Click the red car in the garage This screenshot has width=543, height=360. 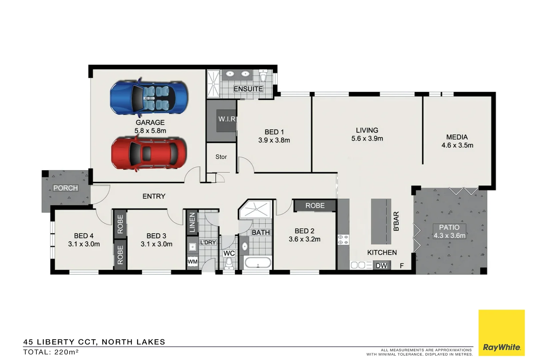(x=149, y=153)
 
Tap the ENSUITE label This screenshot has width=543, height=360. (x=248, y=89)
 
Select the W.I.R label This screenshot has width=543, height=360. (x=227, y=119)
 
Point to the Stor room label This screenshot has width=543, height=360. (x=221, y=157)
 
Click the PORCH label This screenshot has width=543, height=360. (x=66, y=188)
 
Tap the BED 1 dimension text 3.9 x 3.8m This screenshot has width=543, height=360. (x=274, y=140)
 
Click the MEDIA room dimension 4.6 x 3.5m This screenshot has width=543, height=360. (x=457, y=145)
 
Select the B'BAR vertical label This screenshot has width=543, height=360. (x=396, y=221)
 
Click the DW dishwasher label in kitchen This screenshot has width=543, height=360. (x=381, y=266)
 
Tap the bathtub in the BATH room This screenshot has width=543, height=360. (x=258, y=263)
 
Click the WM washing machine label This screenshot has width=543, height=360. (x=193, y=262)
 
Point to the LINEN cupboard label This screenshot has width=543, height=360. (x=192, y=222)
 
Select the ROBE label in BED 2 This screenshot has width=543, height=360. (x=315, y=206)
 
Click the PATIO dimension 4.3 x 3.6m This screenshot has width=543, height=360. (x=449, y=236)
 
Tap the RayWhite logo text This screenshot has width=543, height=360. (x=501, y=347)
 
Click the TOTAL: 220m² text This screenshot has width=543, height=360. (x=51, y=352)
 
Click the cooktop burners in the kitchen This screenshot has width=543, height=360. (x=343, y=240)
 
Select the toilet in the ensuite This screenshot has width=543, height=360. (x=263, y=75)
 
